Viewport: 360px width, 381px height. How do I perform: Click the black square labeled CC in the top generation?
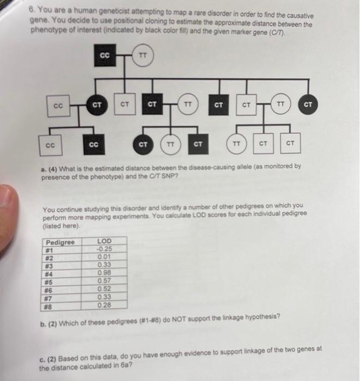(106, 56)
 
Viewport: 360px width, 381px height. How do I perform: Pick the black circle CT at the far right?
(308, 103)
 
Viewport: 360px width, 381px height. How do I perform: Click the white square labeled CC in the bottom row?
(50, 145)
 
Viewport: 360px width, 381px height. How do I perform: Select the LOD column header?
(104, 241)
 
